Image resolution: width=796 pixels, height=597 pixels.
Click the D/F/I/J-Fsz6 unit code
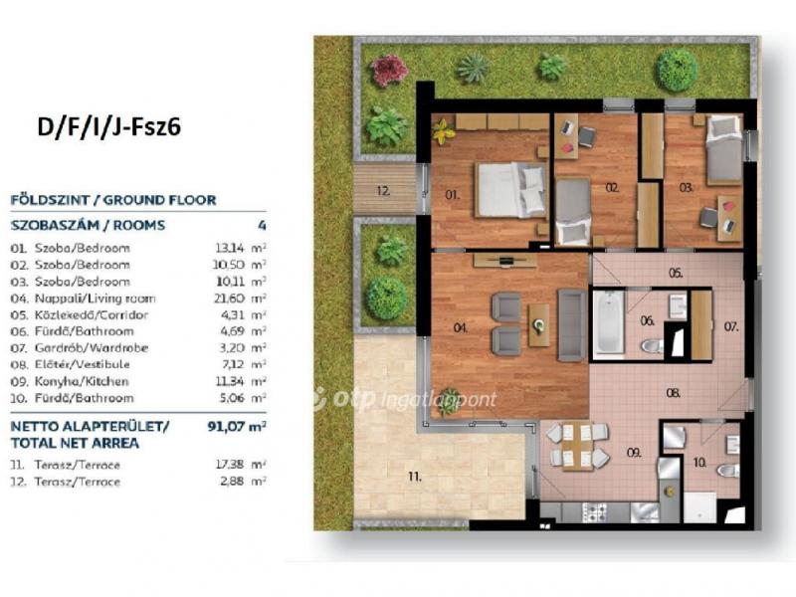click(x=108, y=127)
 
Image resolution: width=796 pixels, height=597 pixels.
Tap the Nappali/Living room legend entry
click(x=95, y=298)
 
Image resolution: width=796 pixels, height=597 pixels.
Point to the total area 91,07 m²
click(x=237, y=426)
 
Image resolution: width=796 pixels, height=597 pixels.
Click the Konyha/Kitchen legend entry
click(x=82, y=381)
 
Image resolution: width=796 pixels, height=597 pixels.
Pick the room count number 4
click(x=262, y=225)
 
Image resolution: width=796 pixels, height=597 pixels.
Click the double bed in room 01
click(x=510, y=190)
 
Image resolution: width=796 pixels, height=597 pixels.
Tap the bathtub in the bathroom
click(x=608, y=322)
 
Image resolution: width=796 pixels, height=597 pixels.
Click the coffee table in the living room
click(x=538, y=325)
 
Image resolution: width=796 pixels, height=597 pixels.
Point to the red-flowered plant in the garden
click(x=389, y=70)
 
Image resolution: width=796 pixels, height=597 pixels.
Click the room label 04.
click(x=460, y=328)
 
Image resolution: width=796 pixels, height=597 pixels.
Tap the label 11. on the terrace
click(x=415, y=477)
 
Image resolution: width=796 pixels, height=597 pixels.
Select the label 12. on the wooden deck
click(x=384, y=191)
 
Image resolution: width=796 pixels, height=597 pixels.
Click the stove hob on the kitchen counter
click(x=594, y=511)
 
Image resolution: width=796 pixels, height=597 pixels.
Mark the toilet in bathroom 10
click(x=728, y=470)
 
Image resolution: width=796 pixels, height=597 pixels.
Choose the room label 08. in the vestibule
click(x=674, y=393)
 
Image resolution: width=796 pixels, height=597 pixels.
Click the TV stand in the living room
click(x=505, y=261)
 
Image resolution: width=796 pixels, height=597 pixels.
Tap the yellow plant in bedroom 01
click(x=444, y=131)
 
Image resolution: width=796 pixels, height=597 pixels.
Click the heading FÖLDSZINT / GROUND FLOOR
click(x=113, y=200)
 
